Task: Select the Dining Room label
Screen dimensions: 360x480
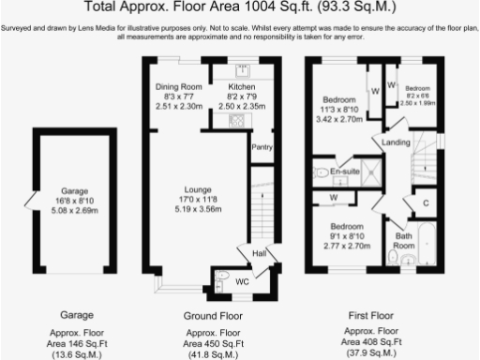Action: click(x=178, y=86)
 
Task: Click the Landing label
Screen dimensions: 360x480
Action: click(x=395, y=142)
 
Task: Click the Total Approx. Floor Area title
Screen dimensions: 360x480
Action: click(x=240, y=8)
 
